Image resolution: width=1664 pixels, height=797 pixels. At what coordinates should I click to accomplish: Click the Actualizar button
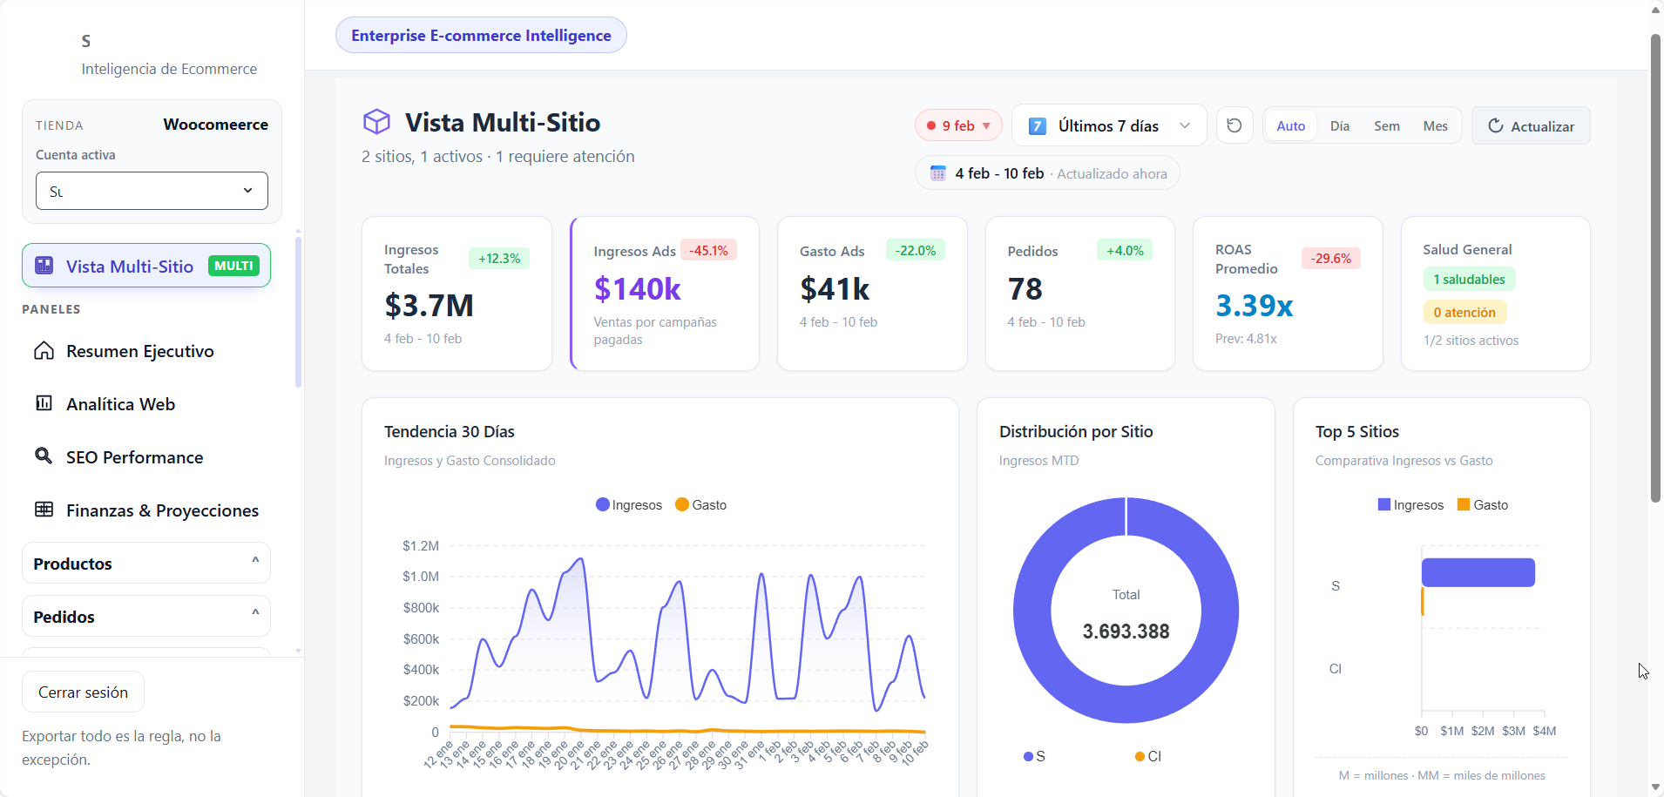pos(1531,126)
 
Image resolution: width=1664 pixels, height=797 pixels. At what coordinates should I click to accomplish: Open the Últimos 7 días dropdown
pos(1108,126)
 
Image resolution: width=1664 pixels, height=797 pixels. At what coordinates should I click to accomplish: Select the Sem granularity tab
pos(1386,126)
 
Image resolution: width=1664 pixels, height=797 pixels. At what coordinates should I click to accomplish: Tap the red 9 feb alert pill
pos(958,126)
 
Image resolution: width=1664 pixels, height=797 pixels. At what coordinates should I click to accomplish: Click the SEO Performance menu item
pos(134,457)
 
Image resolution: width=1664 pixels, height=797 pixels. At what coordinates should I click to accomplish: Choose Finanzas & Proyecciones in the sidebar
pos(162,510)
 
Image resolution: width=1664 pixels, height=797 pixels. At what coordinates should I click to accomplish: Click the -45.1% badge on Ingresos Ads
pos(708,251)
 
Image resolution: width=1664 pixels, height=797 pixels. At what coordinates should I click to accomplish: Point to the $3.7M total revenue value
pos(429,306)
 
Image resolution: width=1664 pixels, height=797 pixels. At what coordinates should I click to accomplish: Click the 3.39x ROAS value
pos(1254,306)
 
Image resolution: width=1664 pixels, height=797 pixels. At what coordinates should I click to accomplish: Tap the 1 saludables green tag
pos(1469,280)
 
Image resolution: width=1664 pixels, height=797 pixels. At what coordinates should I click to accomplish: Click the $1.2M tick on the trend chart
pos(421,546)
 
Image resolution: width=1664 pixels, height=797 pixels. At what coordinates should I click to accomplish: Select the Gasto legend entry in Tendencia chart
pos(700,505)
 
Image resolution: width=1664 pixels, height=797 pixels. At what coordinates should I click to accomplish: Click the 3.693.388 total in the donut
pos(1126,632)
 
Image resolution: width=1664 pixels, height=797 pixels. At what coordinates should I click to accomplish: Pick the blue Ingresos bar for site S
pos(1478,572)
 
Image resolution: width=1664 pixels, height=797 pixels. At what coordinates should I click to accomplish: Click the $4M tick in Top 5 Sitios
pos(1544,731)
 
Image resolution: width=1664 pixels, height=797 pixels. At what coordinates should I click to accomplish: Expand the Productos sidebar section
pos(146,564)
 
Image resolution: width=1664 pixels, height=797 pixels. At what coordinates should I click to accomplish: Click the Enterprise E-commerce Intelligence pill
pos(481,36)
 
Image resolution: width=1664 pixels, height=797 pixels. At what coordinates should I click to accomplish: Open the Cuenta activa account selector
pos(152,191)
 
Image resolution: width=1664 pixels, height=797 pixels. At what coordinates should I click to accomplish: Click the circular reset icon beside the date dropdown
pos(1234,126)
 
